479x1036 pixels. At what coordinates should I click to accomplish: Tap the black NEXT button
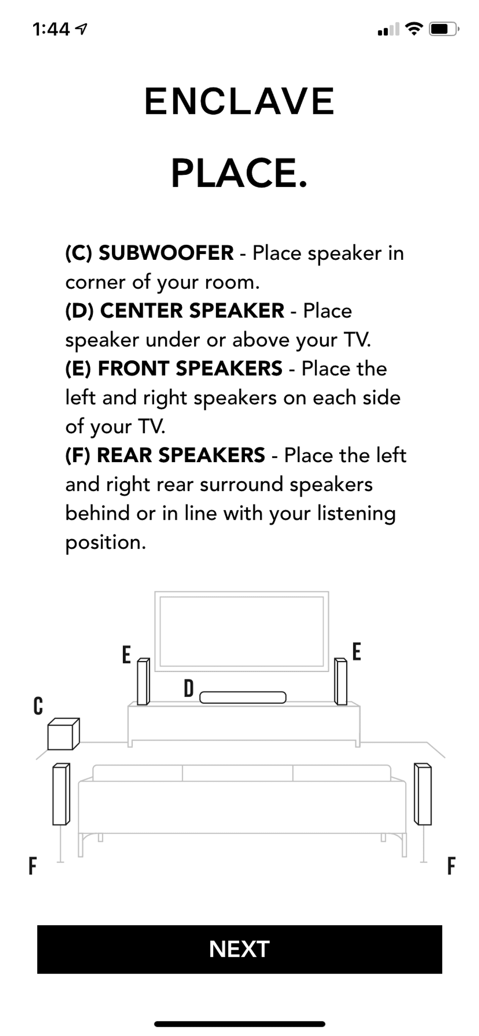239,949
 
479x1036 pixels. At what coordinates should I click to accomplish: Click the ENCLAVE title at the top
239,102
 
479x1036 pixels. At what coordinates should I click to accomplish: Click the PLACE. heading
239,173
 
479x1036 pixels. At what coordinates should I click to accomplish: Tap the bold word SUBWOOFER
166,253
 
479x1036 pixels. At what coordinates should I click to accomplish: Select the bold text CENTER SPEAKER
192,311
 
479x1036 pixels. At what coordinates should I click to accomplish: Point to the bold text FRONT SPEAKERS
190,368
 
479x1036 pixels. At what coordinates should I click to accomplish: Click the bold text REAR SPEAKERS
181,455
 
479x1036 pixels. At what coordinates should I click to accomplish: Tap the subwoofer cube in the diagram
63,734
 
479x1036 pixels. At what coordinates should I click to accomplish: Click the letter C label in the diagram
38,706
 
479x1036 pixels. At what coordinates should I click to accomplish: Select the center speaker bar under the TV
243,698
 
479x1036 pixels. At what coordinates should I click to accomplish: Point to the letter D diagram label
189,689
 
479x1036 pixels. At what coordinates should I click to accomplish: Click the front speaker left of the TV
143,681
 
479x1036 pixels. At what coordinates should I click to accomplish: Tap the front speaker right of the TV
341,681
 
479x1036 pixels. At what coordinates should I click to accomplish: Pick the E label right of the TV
357,652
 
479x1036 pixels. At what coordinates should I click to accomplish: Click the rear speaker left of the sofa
61,794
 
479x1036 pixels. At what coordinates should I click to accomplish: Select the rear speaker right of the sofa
423,794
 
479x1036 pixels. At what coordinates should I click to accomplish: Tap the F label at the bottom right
451,866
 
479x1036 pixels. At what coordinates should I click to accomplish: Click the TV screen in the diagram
242,631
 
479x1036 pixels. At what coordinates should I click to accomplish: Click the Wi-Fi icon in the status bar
414,29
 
